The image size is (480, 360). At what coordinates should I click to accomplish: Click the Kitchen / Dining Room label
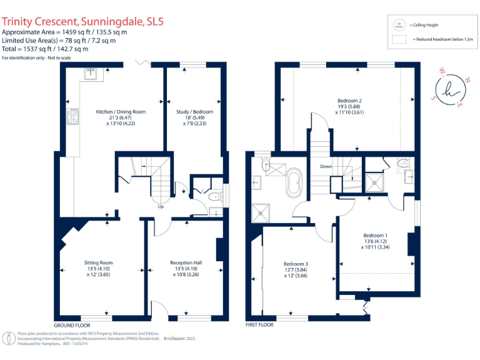tap(120, 112)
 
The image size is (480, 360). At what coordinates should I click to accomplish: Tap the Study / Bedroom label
tap(194, 112)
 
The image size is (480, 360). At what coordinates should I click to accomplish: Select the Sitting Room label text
tap(99, 262)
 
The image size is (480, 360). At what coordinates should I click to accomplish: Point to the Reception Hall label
tap(186, 262)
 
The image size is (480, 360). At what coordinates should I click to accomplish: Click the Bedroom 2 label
tap(349, 101)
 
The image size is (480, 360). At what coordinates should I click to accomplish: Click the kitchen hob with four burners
tap(73, 117)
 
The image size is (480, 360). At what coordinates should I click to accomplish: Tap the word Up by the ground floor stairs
tap(161, 207)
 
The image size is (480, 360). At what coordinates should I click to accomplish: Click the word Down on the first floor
tap(326, 167)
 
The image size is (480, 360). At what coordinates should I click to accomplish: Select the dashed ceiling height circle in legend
tap(399, 25)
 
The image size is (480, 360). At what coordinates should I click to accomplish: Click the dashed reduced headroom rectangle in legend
tap(399, 39)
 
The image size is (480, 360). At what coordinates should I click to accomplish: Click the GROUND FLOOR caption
tap(72, 326)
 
